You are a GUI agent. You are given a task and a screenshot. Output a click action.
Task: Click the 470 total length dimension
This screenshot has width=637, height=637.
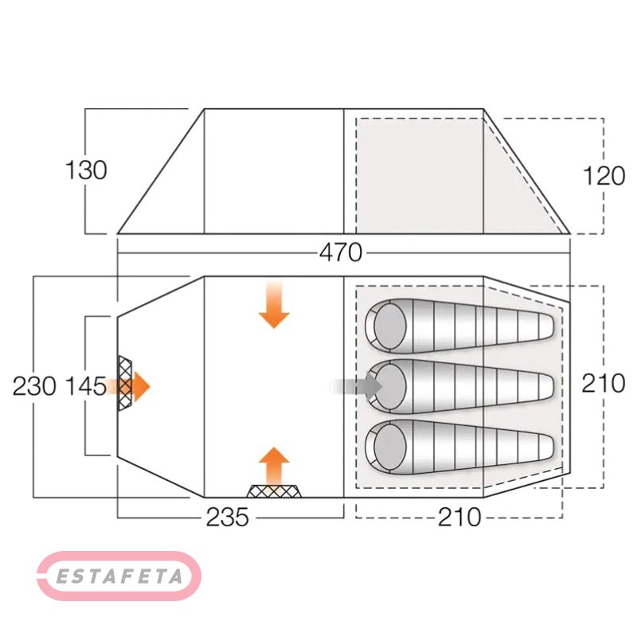pyautogui.click(x=340, y=252)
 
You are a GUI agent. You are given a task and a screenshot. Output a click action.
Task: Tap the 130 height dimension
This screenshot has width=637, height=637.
pyautogui.click(x=86, y=170)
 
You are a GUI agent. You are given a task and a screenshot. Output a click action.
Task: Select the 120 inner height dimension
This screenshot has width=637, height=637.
pyautogui.click(x=604, y=176)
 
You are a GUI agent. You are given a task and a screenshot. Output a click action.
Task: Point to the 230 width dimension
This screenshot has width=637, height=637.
pyautogui.click(x=34, y=386)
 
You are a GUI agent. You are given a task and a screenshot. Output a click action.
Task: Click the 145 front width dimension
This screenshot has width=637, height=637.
pyautogui.click(x=86, y=386)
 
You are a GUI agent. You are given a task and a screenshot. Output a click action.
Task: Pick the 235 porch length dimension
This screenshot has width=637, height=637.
pyautogui.click(x=227, y=517)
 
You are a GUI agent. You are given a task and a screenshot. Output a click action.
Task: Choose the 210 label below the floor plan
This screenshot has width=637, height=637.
pyautogui.click(x=459, y=517)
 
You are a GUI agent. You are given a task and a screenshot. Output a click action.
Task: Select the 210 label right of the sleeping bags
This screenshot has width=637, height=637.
pyautogui.click(x=604, y=383)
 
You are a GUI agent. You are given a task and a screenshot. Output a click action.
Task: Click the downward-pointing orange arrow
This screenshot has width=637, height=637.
pyautogui.click(x=274, y=305)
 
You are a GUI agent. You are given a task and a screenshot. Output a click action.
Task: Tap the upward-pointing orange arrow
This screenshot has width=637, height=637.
pyautogui.click(x=274, y=467)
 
